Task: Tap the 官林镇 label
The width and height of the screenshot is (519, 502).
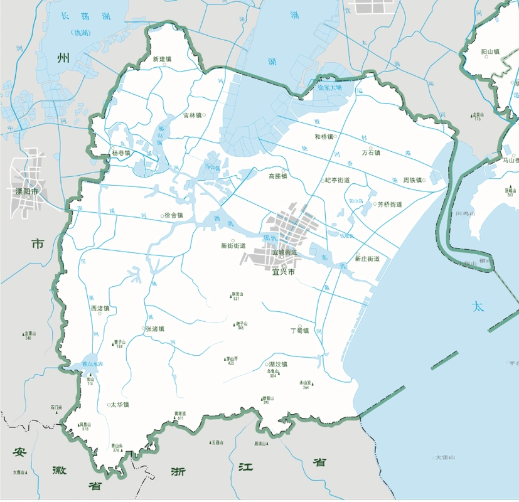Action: coord(192,115)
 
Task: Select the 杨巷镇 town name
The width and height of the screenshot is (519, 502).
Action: coord(120,153)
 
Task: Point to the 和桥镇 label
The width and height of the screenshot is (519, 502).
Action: coord(323,136)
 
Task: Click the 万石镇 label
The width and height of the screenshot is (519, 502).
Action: coord(372,152)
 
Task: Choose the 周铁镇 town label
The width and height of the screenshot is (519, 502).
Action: coord(412,180)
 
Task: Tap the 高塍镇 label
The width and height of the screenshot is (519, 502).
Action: coord(277,176)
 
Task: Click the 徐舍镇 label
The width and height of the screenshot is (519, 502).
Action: coord(173,215)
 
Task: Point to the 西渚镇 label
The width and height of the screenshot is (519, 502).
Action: coord(100,308)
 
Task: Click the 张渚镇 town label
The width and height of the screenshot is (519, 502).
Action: coord(154,329)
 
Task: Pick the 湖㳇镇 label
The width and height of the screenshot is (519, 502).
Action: coord(277,365)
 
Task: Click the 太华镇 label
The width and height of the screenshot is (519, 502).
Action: coord(119,405)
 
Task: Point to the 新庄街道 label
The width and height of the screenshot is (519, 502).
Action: coord(367,259)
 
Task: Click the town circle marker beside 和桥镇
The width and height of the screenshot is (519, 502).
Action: coord(336,136)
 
